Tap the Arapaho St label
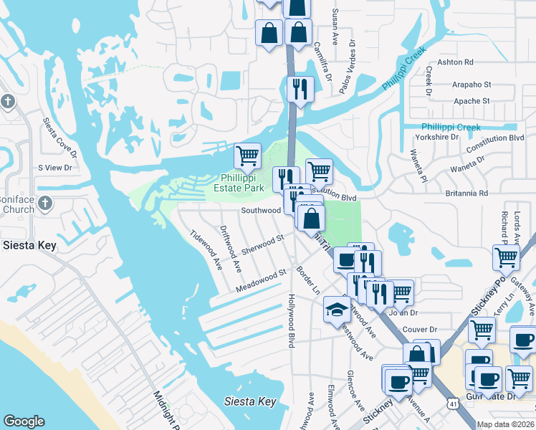(471, 85)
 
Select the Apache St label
(471, 102)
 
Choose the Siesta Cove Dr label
(59, 136)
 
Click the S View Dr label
(56, 168)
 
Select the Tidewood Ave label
(205, 249)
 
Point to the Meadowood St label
(261, 282)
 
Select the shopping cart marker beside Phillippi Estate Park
(248, 154)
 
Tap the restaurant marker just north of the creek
(299, 88)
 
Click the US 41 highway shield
(452, 403)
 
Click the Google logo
(24, 421)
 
